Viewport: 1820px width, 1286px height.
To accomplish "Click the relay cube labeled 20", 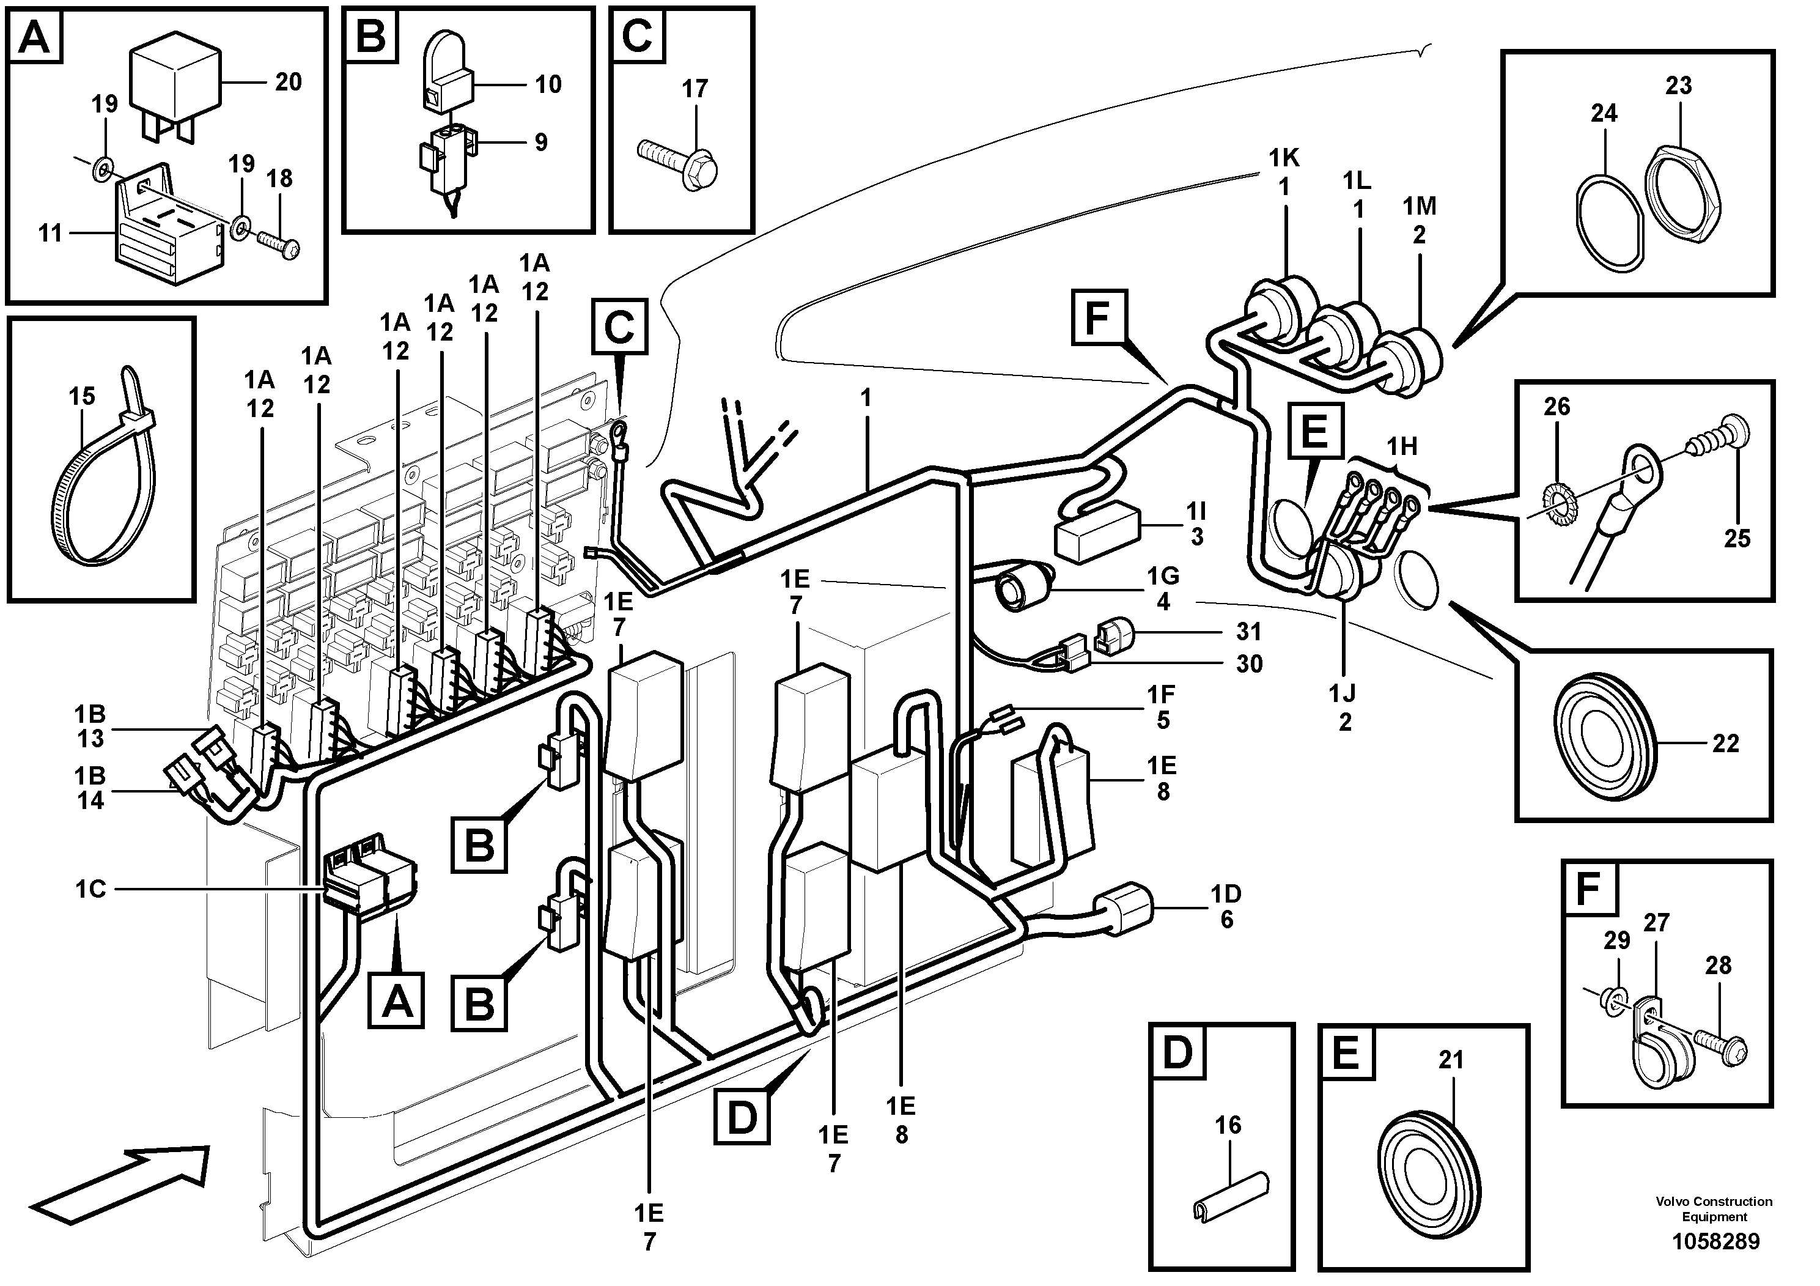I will (175, 82).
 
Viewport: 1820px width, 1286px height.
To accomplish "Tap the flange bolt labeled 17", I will (681, 158).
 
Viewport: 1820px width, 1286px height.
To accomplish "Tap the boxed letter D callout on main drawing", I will (741, 1117).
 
